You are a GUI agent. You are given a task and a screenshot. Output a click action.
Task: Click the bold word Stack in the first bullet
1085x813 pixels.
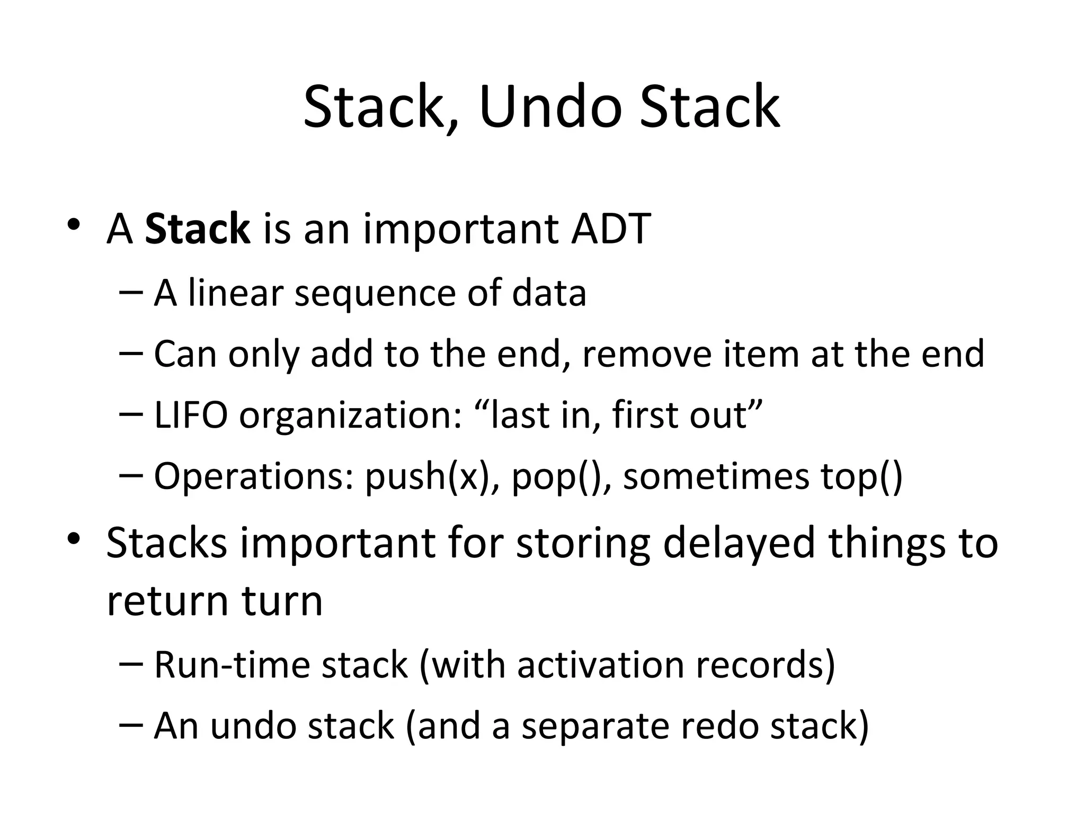(x=197, y=229)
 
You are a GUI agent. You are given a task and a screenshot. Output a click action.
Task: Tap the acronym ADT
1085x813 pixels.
(x=611, y=229)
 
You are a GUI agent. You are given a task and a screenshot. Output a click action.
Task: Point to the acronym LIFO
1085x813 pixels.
(x=191, y=415)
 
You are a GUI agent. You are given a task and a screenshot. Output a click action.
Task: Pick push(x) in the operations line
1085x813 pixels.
(x=432, y=477)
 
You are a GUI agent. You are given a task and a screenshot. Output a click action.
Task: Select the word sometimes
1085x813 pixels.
(x=716, y=476)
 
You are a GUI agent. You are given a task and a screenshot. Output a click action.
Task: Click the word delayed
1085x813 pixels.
(x=738, y=544)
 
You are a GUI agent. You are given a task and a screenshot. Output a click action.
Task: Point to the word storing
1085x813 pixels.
(x=583, y=544)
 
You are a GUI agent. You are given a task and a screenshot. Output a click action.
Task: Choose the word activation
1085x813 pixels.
(x=600, y=665)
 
